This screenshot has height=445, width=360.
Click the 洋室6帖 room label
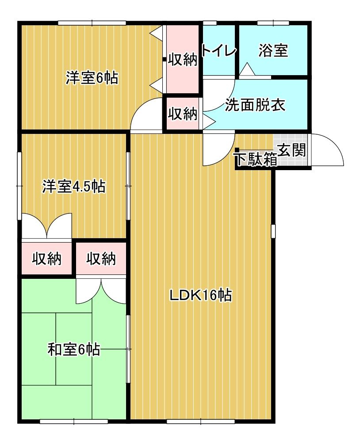click(92, 78)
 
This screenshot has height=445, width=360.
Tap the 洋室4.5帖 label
click(73, 186)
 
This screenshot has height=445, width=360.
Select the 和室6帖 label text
click(73, 350)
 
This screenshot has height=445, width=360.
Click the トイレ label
click(219, 51)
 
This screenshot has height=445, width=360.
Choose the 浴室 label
click(273, 51)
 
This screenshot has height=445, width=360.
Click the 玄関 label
click(292, 151)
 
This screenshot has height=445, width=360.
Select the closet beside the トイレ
click(182, 59)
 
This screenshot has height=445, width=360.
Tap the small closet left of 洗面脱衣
click(182, 114)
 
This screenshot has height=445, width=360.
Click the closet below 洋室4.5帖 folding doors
click(46, 259)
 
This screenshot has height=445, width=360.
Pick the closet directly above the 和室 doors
click(101, 259)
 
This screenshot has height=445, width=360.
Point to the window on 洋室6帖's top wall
click(92, 23)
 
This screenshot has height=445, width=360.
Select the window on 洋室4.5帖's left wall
click(19, 186)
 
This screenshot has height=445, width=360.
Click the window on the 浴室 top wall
click(273, 23)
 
